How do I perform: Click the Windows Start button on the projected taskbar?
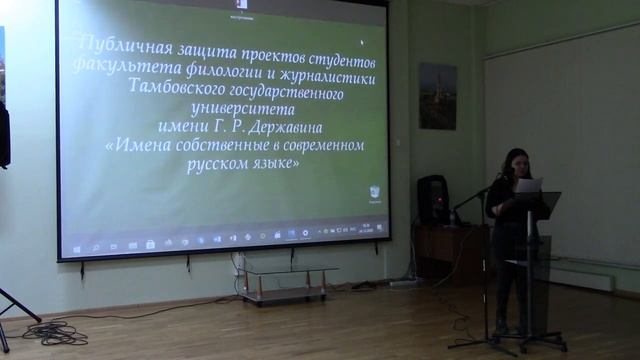(x=77, y=245)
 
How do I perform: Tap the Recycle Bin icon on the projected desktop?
(x=374, y=191)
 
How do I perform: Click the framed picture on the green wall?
(x=437, y=96)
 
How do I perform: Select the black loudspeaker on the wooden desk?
(x=433, y=199)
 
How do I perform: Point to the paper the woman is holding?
(x=528, y=185)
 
